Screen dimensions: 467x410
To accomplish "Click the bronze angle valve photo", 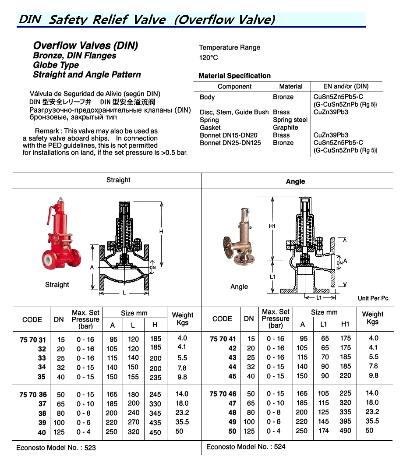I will pyautogui.click(x=239, y=241).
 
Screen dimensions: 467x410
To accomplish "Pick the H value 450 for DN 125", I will pyautogui.click(x=155, y=432).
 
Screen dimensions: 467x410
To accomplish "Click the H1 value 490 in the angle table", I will pyautogui.click(x=345, y=431).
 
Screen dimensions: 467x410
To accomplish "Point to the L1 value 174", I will pyautogui.click(x=324, y=431).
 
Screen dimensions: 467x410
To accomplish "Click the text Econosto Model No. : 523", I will pyautogui.click(x=56, y=448).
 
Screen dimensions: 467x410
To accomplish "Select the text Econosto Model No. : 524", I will pyautogui.click(x=246, y=447).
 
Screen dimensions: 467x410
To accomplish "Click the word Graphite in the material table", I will pyautogui.click(x=285, y=127).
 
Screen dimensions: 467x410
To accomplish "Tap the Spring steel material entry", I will pyautogui.click(x=290, y=120).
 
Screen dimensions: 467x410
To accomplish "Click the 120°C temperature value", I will pyautogui.click(x=209, y=57).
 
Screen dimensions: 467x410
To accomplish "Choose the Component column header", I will pyautogui.click(x=234, y=87).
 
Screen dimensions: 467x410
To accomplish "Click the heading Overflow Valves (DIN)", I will pyautogui.click(x=85, y=46).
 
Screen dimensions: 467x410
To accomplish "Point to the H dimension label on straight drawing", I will pyautogui.click(x=161, y=231).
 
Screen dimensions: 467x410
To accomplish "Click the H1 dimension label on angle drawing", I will pyautogui.click(x=272, y=226).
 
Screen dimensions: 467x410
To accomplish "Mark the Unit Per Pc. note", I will pyautogui.click(x=373, y=298).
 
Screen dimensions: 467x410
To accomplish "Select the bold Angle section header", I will pyautogui.click(x=295, y=181).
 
